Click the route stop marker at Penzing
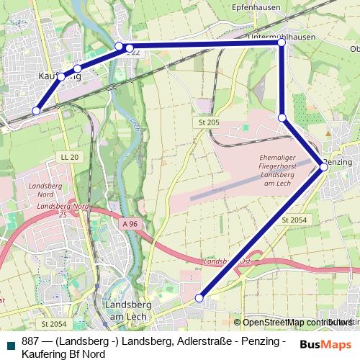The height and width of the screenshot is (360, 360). [324, 167]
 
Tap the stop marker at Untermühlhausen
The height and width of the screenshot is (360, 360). [282, 43]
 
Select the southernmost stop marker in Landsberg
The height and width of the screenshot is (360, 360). [200, 297]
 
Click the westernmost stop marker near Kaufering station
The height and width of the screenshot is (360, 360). [37, 111]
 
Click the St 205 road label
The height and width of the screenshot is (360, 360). [208, 122]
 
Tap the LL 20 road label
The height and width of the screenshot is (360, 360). [70, 157]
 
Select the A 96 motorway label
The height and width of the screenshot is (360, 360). [130, 224]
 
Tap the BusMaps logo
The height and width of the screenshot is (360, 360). [326, 344]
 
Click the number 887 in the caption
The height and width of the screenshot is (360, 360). [31, 342]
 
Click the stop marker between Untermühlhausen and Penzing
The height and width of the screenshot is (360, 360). [282, 117]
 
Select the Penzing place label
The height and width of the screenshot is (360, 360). [338, 162]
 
